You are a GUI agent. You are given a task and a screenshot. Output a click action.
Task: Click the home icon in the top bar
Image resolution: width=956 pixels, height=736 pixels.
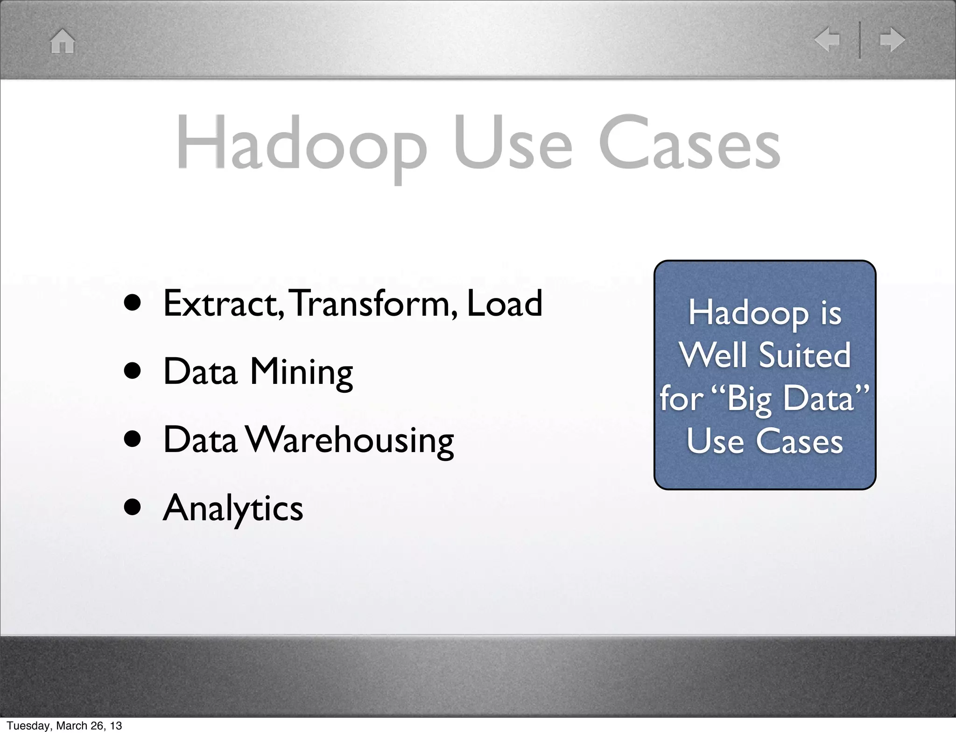[63, 41]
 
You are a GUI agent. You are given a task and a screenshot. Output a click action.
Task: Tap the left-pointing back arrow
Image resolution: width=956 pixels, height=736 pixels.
[827, 39]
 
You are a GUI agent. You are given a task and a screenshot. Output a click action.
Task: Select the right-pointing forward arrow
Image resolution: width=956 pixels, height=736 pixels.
[892, 39]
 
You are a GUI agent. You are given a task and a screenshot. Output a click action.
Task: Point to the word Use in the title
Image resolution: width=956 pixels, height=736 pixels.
[513, 142]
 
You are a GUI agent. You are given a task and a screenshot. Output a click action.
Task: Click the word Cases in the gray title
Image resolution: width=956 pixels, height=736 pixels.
[689, 142]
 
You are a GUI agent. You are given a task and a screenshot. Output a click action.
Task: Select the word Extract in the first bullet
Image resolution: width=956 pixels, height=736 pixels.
[222, 303]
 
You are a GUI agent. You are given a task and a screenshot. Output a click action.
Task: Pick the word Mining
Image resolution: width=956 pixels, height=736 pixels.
[301, 372]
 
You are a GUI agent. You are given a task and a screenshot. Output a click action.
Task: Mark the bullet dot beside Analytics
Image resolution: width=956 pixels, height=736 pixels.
[133, 508]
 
